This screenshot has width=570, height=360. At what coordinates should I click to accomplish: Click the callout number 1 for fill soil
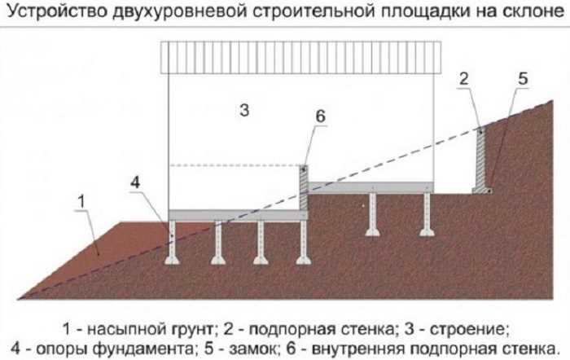[81, 201]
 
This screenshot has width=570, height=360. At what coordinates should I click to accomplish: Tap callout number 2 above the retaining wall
[463, 79]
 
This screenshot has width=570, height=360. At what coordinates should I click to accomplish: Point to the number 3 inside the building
[244, 110]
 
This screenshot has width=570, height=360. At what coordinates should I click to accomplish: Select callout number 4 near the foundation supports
[135, 182]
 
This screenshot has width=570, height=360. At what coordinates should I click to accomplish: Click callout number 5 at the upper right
[523, 79]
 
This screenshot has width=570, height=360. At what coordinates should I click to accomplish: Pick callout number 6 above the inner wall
[320, 116]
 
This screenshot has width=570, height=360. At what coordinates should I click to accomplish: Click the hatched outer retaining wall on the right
[481, 160]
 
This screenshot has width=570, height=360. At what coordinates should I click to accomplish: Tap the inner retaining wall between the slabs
[304, 187]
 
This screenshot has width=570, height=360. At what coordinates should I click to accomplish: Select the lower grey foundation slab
[238, 215]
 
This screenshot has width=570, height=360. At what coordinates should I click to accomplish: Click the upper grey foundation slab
[370, 187]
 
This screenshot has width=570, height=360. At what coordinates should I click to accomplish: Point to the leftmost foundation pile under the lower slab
[172, 242]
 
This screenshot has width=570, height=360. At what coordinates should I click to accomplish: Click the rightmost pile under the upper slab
[427, 214]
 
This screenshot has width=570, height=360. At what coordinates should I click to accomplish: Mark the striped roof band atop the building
[301, 58]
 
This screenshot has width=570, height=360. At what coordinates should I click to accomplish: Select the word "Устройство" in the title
[58, 11]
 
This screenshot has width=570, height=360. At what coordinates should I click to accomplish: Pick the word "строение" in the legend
[467, 330]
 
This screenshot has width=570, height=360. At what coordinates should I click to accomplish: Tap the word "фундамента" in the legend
[142, 349]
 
